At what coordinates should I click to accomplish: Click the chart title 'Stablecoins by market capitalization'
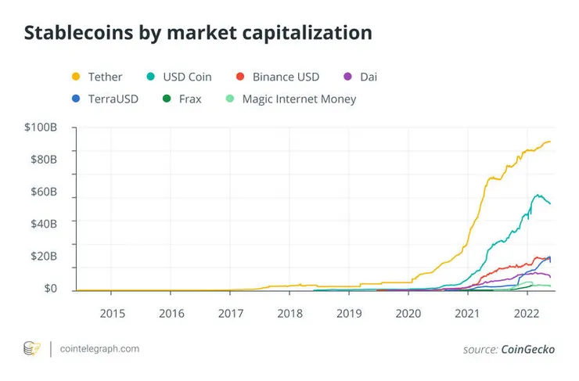point(198,33)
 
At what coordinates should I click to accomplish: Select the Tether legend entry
point(97,77)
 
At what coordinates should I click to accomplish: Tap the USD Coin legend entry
point(180,77)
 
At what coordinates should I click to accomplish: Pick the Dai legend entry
point(361,77)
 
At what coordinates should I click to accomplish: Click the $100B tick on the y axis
point(40,128)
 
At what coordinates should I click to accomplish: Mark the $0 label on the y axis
point(49,289)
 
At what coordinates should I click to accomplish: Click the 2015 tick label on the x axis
point(111,313)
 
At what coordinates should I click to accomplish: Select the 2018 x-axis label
point(289,313)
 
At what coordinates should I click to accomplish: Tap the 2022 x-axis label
point(527,313)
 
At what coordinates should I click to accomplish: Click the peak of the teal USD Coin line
point(538,195)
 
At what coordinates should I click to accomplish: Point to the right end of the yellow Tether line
point(550,142)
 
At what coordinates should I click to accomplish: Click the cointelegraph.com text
point(99,349)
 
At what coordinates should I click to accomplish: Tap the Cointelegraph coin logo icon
point(32,349)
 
